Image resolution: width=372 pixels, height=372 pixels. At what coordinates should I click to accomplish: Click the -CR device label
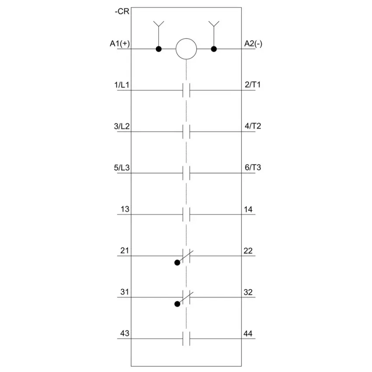pyautogui.click(x=122, y=11)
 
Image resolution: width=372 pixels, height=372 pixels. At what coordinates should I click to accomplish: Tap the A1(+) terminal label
pyautogui.click(x=120, y=44)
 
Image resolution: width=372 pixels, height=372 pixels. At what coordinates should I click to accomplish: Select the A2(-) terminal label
pyautogui.click(x=253, y=44)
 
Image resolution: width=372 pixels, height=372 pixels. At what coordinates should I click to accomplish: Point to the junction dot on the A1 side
pyautogui.click(x=159, y=49)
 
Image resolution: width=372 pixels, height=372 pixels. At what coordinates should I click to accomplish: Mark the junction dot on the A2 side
pyautogui.click(x=214, y=49)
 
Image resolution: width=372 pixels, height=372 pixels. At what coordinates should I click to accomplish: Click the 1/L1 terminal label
pyautogui.click(x=122, y=85)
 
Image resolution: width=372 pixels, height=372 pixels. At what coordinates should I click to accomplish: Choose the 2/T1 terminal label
pyautogui.click(x=253, y=85)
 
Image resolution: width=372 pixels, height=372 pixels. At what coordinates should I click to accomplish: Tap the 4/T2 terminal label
pyautogui.click(x=253, y=126)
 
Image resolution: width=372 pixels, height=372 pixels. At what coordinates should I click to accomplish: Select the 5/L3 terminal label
pyautogui.click(x=122, y=168)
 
